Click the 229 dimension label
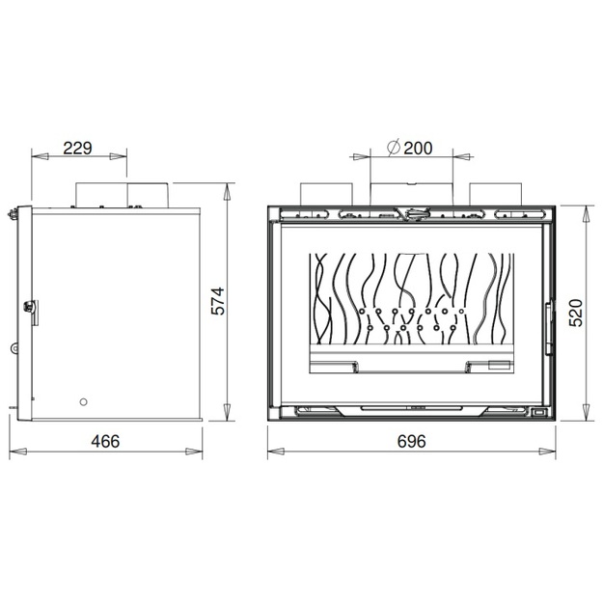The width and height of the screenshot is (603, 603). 78,148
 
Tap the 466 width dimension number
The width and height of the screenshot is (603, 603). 105,441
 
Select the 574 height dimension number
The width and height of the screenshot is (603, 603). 218,301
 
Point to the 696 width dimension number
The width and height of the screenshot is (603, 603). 411,441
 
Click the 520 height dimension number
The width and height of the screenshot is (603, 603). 576,313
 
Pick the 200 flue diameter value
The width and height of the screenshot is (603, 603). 418,148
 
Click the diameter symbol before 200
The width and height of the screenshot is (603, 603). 394,148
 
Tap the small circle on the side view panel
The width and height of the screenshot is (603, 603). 83,402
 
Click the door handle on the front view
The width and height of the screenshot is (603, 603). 548,328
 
